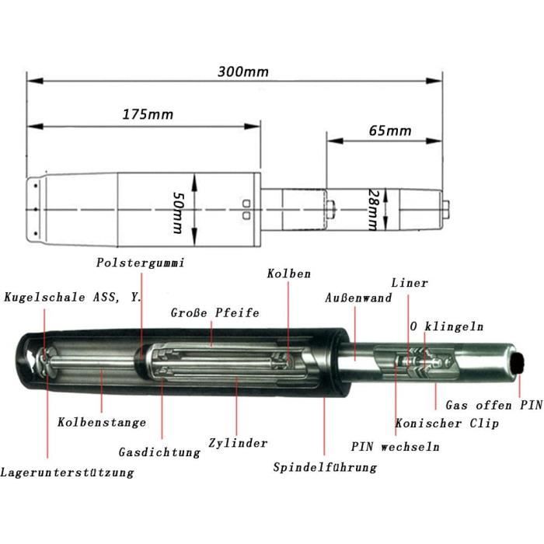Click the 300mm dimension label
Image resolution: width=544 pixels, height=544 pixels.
[x=242, y=71]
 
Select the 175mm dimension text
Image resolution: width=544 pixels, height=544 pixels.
[x=148, y=114]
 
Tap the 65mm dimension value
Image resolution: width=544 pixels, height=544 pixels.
[x=390, y=131]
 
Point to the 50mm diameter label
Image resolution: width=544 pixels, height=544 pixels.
[x=178, y=213]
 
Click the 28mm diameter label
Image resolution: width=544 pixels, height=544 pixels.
[x=373, y=210]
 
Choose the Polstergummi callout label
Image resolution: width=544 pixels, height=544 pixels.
[x=140, y=263]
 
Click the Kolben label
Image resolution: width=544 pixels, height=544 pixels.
[x=288, y=274]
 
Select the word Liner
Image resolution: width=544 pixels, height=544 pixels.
[x=410, y=283]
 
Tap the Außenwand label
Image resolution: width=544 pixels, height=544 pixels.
[x=358, y=298]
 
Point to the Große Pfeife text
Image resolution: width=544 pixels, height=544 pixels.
[x=214, y=312]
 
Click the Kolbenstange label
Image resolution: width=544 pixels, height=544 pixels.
[x=102, y=422]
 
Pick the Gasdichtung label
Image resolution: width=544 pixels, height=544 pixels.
[x=159, y=452]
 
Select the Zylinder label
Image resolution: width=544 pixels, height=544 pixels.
[x=238, y=443]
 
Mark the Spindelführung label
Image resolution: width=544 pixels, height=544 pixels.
[x=325, y=467]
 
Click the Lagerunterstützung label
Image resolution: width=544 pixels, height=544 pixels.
[x=67, y=473]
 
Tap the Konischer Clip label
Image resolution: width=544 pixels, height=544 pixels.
[x=447, y=424]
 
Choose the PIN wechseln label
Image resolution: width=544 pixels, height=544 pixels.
[x=395, y=447]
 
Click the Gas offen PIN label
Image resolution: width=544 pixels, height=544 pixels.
[x=493, y=405]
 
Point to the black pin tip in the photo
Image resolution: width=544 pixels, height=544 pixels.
[x=518, y=363]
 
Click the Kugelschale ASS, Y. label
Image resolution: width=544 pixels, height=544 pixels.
[x=73, y=298]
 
